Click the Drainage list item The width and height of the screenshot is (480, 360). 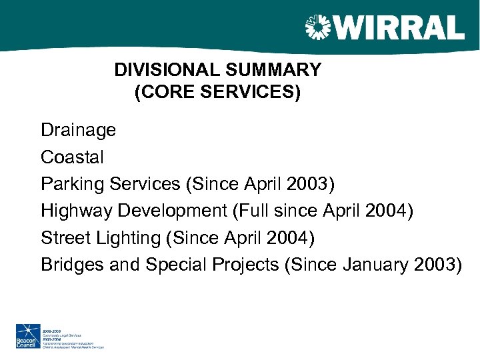click(x=78, y=130)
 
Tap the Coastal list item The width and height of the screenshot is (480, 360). click(x=72, y=157)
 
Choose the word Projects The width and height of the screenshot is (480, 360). click(x=245, y=265)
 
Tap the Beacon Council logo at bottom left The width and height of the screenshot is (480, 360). click(x=27, y=336)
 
